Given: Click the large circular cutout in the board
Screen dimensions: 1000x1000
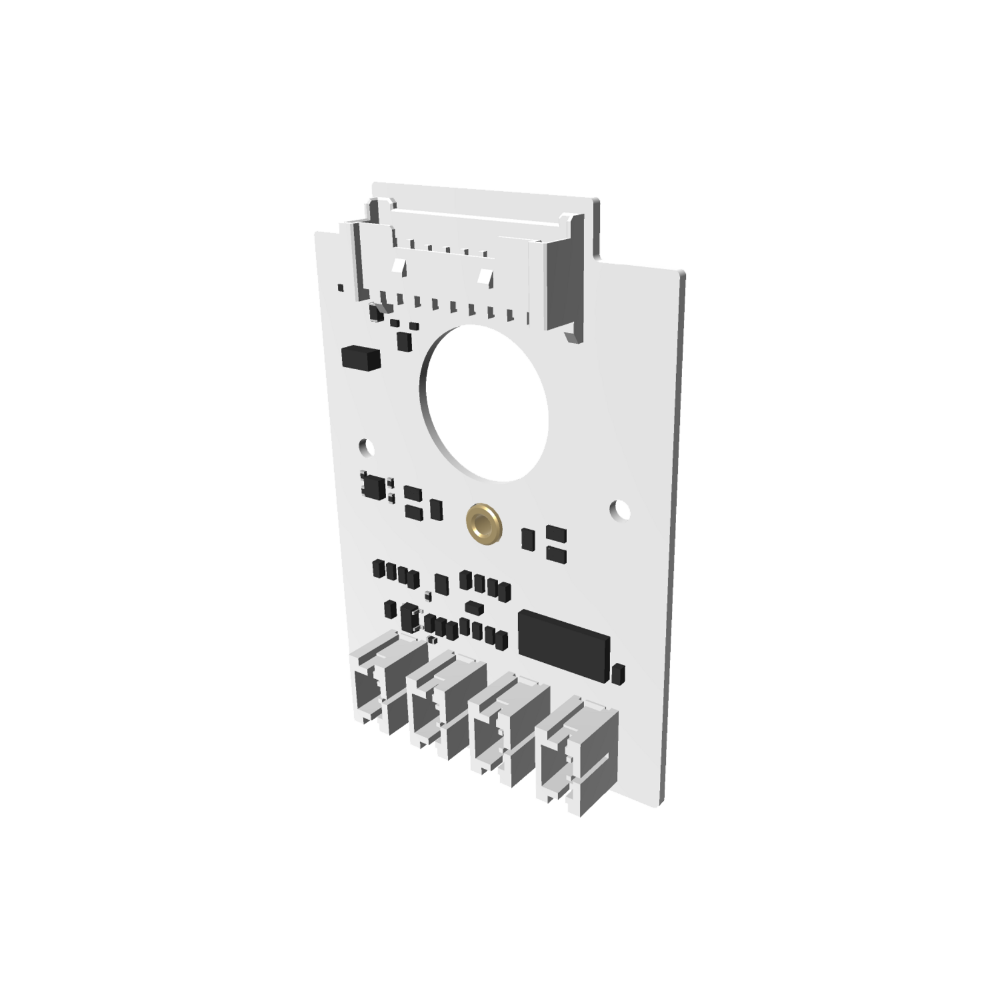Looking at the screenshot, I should (x=485, y=403).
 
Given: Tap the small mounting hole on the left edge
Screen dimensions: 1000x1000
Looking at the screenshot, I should (x=366, y=447).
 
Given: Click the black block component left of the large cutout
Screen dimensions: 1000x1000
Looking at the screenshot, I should (x=360, y=358).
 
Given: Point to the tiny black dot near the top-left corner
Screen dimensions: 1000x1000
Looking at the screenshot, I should (x=341, y=286).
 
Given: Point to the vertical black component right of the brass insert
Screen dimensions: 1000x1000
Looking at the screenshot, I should (x=527, y=537).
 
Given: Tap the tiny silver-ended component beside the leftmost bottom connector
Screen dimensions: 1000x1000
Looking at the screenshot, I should (x=432, y=639).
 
